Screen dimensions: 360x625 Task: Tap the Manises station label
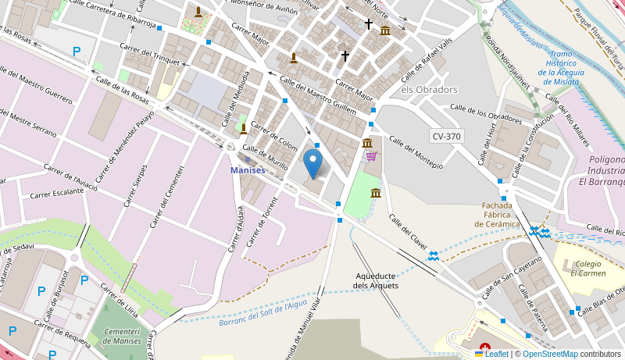click(248, 170)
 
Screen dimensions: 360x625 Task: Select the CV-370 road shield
click(446, 136)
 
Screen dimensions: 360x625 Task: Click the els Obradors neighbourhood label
click(429, 90)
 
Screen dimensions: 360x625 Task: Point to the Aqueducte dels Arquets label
click(377, 280)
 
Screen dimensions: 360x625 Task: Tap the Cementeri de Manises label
click(122, 336)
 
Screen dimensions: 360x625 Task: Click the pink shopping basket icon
click(371, 156)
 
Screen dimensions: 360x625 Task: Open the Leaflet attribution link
click(491, 354)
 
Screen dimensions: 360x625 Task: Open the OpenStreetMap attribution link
click(550, 354)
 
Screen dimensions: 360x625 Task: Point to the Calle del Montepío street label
click(416, 153)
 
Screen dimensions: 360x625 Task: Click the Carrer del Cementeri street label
click(167, 196)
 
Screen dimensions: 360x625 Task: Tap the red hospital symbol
click(485, 346)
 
